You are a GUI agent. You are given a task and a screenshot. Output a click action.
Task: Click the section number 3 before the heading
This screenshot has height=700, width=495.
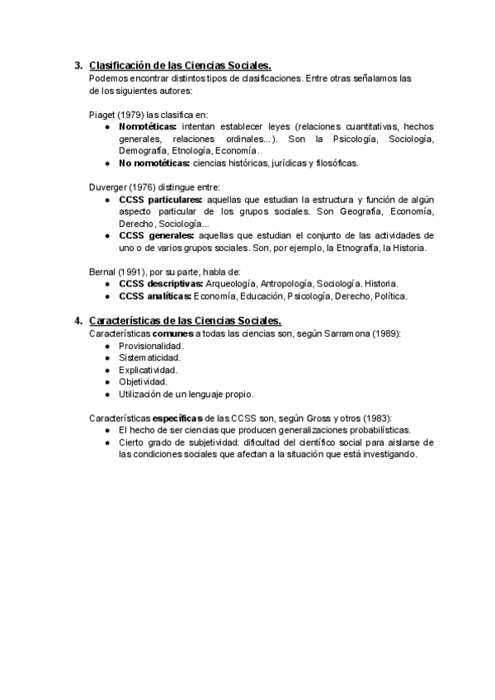pos(78,66)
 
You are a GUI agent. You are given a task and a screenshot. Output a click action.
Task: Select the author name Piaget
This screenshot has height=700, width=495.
pos(102,115)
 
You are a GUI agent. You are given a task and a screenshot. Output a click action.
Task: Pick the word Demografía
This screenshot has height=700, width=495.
pos(143,151)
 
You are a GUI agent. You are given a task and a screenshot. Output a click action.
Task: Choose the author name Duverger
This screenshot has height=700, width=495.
pos(108,187)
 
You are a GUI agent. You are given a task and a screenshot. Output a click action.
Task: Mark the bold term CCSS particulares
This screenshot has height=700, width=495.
pos(160,200)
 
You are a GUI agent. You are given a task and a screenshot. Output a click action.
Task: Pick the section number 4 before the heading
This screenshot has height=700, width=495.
pos(78,320)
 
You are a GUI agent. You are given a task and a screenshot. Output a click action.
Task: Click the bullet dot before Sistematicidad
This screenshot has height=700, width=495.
pos(108,357)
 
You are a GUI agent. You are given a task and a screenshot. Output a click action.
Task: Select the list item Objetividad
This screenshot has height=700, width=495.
pos(143,381)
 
